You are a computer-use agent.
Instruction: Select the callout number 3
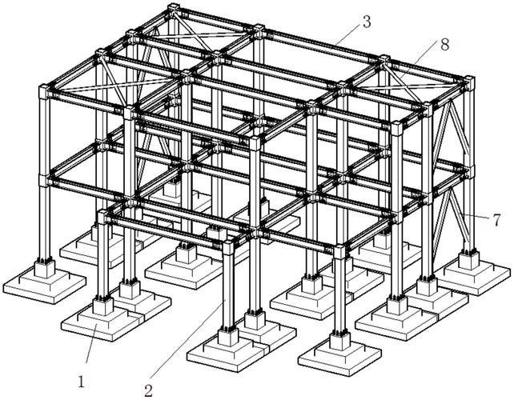pos(366,22)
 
